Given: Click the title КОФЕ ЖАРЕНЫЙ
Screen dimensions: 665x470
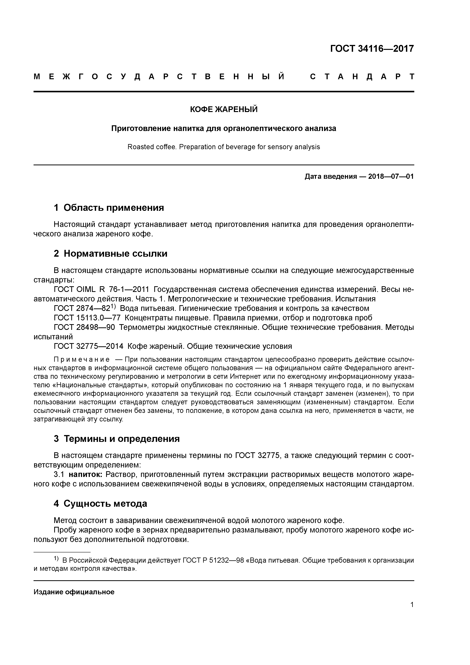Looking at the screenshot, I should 224,110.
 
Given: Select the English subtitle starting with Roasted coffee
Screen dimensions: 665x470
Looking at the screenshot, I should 224,147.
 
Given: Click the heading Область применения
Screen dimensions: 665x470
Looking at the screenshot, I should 114,208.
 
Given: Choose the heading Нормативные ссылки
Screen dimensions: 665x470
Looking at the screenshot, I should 115,254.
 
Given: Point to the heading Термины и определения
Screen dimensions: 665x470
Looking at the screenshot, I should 122,439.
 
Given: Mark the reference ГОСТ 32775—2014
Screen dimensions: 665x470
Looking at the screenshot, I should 88,346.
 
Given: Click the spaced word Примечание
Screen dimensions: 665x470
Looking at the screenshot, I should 82,360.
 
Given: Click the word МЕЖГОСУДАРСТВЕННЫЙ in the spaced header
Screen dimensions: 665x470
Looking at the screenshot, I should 159,77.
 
